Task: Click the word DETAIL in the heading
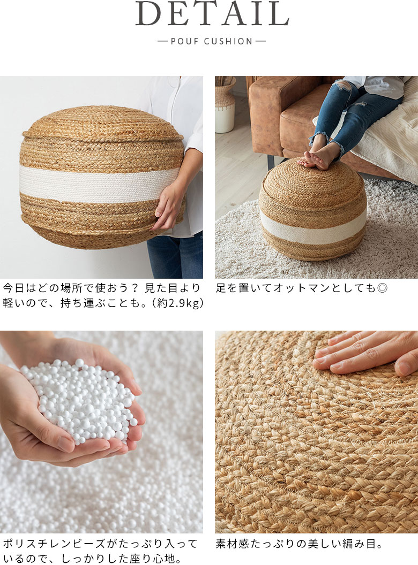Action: click(212, 14)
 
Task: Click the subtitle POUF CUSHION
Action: click(212, 41)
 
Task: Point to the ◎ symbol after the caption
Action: click(382, 288)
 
